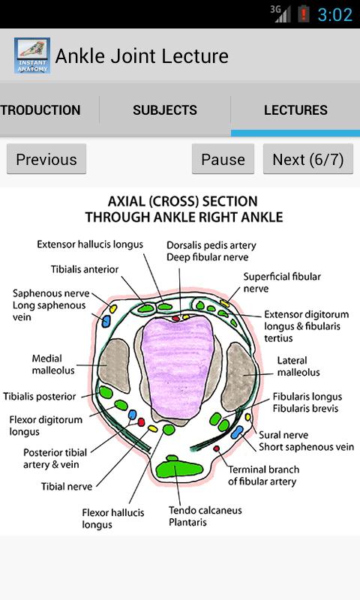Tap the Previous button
[46, 159]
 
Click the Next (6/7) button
[307, 159]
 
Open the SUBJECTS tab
[165, 110]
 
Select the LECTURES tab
[295, 110]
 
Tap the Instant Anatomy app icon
[31, 55]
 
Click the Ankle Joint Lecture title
[142, 56]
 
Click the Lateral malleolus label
[298, 366]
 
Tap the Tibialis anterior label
[85, 268]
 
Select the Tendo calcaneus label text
[205, 510]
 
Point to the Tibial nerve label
[67, 487]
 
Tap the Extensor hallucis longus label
[90, 244]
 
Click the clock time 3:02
[334, 14]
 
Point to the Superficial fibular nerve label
[281, 282]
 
